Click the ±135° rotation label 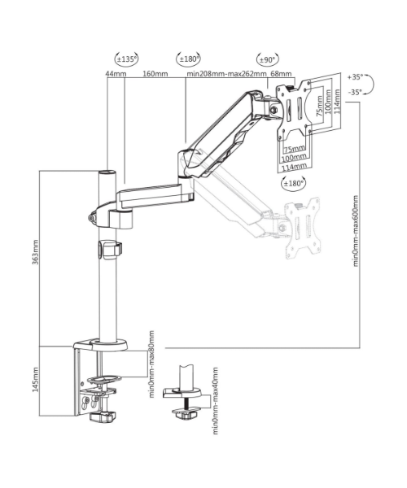(x=127, y=59)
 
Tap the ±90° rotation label (x=267, y=59)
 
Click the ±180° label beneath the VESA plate (x=293, y=184)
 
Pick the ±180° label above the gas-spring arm (x=189, y=59)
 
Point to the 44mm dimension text (x=116, y=74)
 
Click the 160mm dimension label (x=155, y=74)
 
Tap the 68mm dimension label (x=281, y=74)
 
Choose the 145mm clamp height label (x=34, y=378)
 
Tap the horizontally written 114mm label (x=295, y=167)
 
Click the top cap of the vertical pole (x=105, y=173)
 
